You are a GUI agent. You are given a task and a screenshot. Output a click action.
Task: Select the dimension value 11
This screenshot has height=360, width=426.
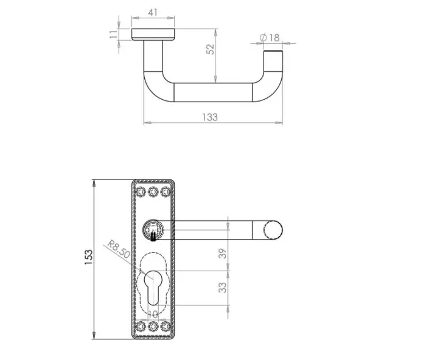coord(113,34)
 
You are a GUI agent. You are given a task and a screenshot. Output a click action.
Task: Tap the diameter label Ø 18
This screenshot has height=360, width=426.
coord(270,38)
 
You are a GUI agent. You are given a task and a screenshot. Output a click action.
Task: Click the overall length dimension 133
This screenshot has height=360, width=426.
coord(209,117)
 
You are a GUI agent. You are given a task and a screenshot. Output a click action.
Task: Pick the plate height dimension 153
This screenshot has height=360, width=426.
coord(88,258)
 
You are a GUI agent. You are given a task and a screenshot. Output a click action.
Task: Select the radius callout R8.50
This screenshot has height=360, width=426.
coord(118,249)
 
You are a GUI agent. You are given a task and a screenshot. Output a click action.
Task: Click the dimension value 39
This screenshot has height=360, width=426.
coord(223,254)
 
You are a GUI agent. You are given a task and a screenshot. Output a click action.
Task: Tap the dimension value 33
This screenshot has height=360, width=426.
coord(223,286)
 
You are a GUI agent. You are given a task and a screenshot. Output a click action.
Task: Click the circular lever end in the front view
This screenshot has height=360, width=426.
coord(272,231)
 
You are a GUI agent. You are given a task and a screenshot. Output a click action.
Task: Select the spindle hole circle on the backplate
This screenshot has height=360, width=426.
coord(152,230)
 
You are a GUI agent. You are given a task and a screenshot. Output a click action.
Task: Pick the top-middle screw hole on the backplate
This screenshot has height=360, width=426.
coord(152,192)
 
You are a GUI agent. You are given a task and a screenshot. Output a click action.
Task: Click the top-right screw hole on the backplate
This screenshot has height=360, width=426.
coord(164,192)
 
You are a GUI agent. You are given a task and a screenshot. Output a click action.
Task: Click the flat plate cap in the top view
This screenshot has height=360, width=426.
coord(153,34)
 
